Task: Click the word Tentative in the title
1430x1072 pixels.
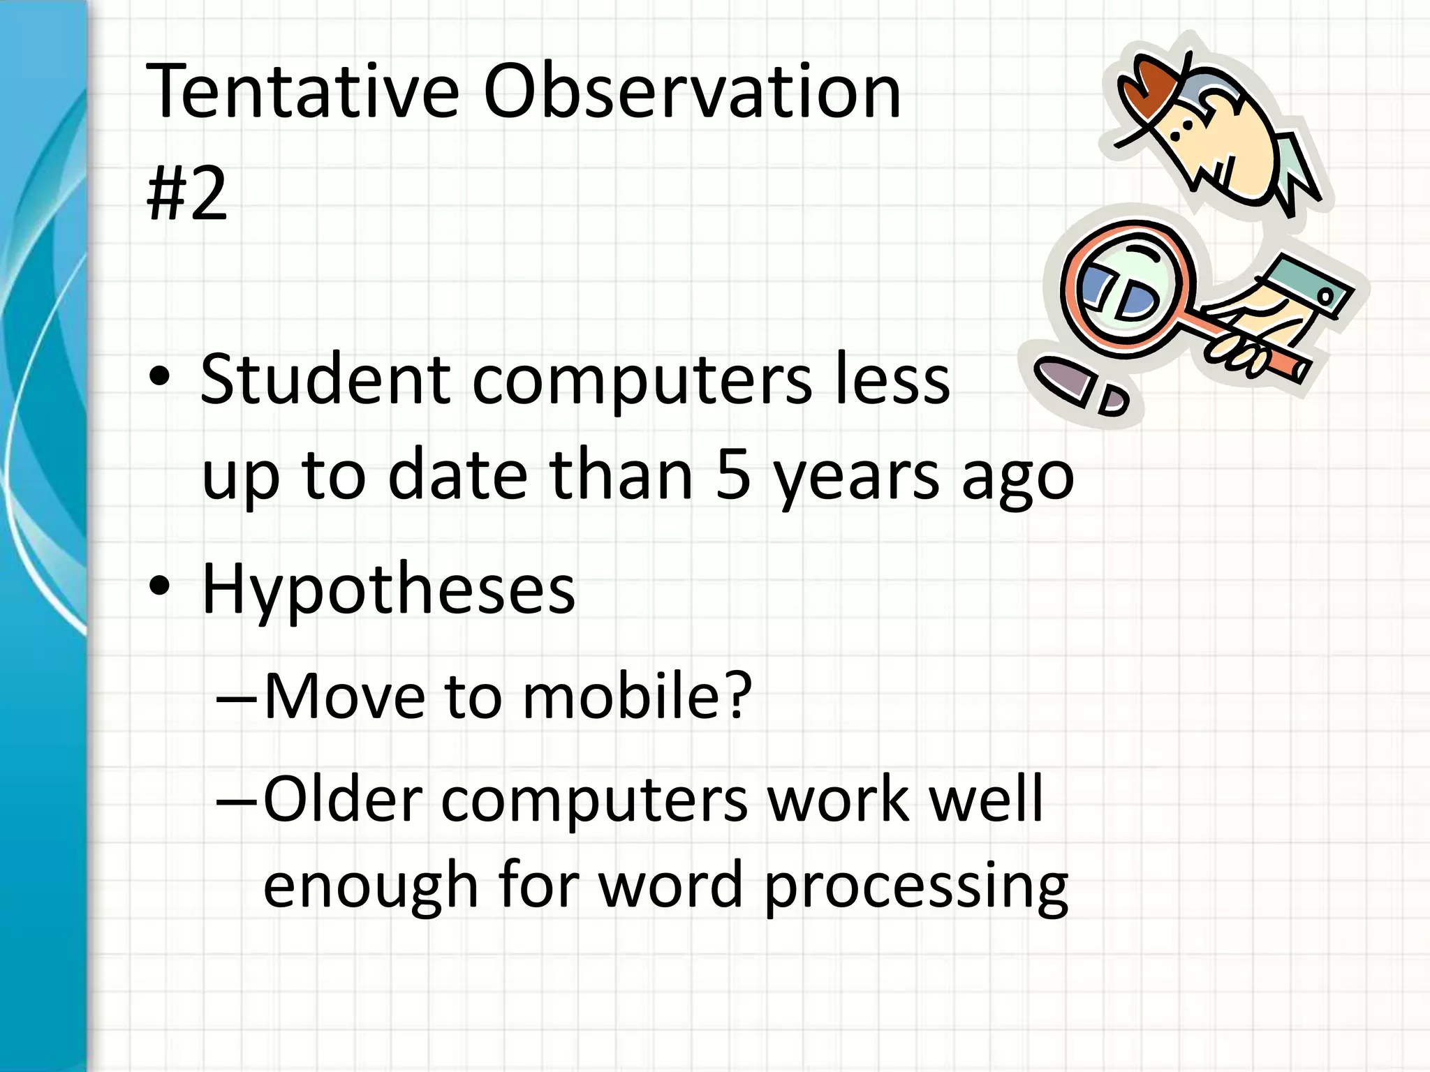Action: (302, 93)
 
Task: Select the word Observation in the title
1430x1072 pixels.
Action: (692, 93)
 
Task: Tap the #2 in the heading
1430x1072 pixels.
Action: (187, 193)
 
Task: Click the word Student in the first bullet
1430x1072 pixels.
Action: (325, 380)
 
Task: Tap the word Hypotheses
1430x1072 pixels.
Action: (388, 590)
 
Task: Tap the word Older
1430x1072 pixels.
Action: (343, 799)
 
